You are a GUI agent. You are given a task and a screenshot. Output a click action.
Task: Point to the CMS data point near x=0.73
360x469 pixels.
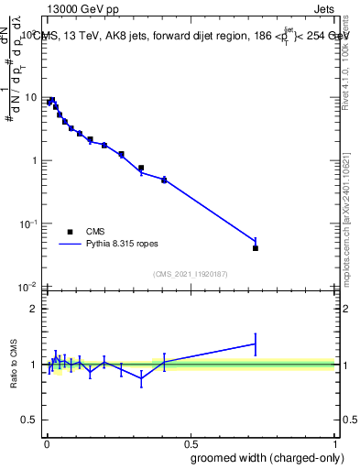256,248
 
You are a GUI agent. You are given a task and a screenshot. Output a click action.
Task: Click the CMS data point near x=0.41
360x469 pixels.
164,180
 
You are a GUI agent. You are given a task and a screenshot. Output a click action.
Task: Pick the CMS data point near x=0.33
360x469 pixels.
141,168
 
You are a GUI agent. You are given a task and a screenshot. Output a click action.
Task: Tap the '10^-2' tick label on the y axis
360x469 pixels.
27,288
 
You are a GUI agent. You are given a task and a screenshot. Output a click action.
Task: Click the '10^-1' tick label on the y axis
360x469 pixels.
27,224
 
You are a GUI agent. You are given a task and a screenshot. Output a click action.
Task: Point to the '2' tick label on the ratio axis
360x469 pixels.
35,309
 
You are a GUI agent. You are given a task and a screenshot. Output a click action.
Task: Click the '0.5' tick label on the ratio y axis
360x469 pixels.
29,420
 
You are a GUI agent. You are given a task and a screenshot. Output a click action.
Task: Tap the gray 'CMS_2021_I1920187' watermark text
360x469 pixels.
190,274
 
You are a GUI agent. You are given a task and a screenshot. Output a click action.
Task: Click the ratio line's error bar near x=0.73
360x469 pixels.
256,344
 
